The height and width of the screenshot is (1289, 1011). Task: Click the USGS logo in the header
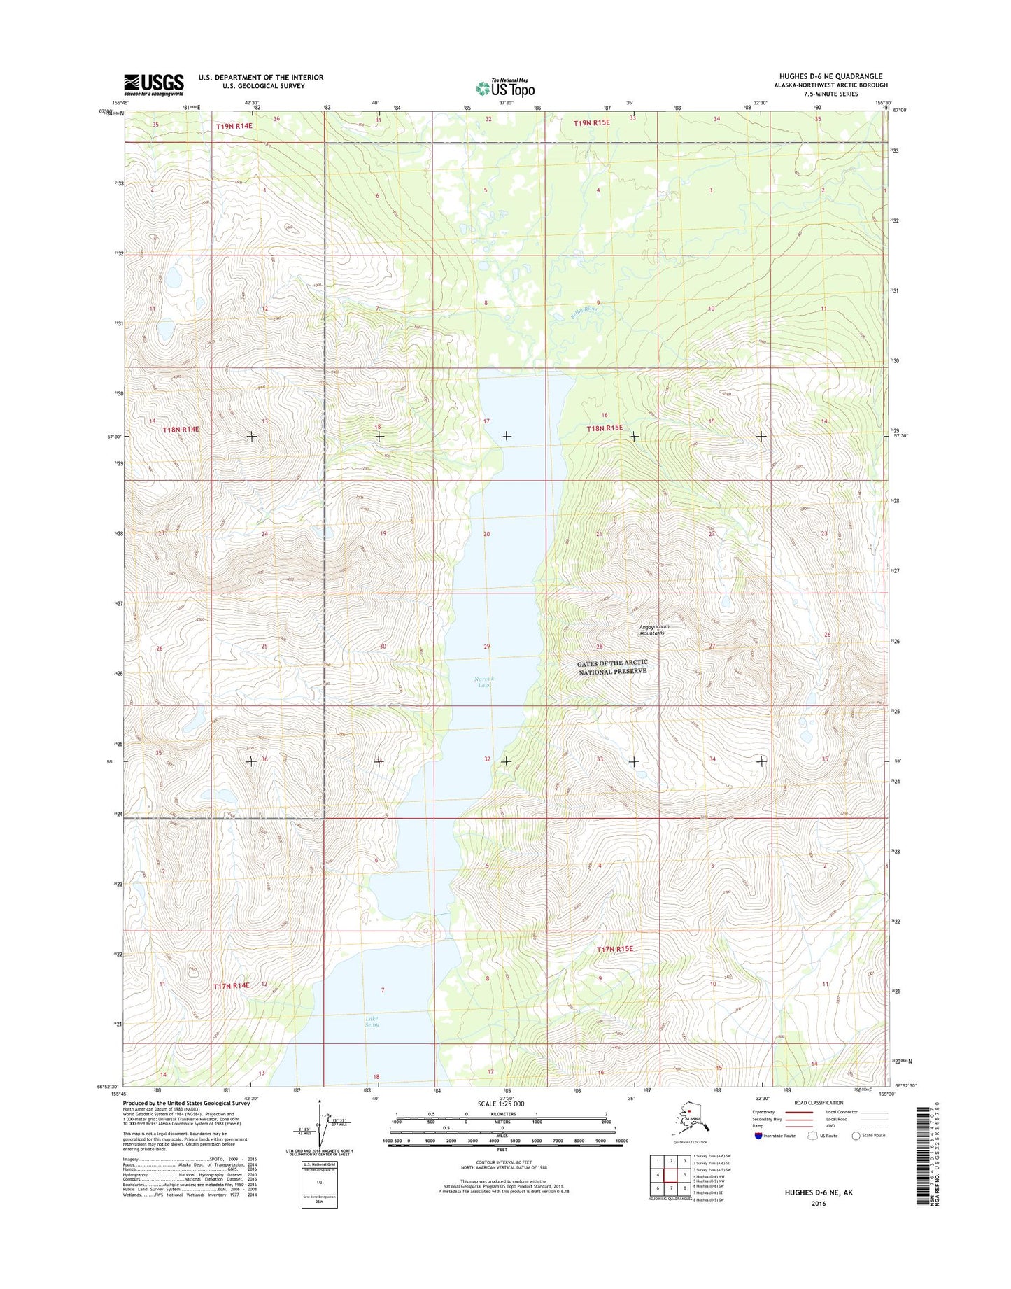pyautogui.click(x=154, y=84)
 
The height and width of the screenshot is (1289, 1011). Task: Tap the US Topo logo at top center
pyautogui.click(x=505, y=87)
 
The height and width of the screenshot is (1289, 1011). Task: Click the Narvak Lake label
pyautogui.click(x=483, y=682)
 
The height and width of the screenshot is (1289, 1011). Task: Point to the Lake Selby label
pyautogui.click(x=372, y=1021)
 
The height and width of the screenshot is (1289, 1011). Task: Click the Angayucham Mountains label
pyautogui.click(x=654, y=630)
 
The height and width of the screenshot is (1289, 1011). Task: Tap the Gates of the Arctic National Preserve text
pyautogui.click(x=613, y=667)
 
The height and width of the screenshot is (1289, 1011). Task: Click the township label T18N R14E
pyautogui.click(x=181, y=429)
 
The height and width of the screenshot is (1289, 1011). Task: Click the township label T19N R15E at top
pyautogui.click(x=591, y=123)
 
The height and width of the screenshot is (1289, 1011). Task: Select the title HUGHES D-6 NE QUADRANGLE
pyautogui.click(x=830, y=76)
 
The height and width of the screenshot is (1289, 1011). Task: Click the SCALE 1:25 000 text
pyautogui.click(x=500, y=1104)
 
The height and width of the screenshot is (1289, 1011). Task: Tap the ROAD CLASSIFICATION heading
pyautogui.click(x=819, y=1103)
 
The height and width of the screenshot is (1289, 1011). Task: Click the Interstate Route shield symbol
pyautogui.click(x=759, y=1136)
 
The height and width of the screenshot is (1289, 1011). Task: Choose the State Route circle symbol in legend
pyautogui.click(x=856, y=1136)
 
